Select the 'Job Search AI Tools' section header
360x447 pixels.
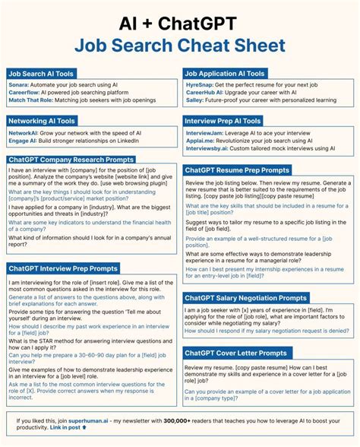tap(43, 74)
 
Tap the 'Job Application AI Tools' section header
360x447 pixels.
tap(226, 74)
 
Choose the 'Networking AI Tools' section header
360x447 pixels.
tap(43, 121)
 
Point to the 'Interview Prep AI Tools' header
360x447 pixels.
tap(223, 121)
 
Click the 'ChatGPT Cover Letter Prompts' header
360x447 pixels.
tap(235, 353)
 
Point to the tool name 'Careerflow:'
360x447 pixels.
tap(26, 94)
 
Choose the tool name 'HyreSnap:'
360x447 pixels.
tap(201, 86)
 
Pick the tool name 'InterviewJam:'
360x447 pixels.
tap(207, 133)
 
